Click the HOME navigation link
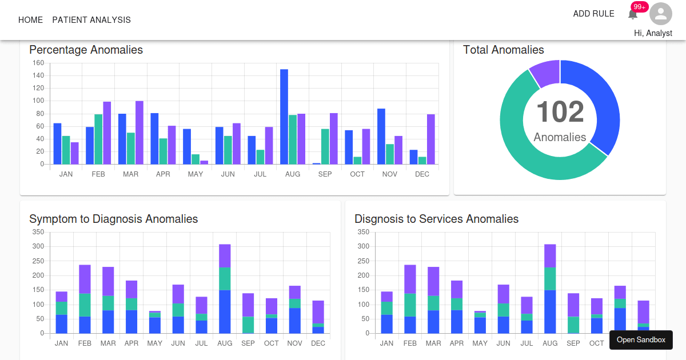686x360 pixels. [x=30, y=20]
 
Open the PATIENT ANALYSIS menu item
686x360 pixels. [x=91, y=20]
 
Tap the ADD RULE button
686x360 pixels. [x=593, y=14]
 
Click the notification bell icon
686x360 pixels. [x=633, y=14]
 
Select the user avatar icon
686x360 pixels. [x=661, y=14]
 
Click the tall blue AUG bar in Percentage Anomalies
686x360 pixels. [x=284, y=117]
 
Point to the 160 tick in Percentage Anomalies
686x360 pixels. [x=38, y=63]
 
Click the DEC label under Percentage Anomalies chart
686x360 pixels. [x=422, y=174]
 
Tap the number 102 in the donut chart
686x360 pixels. [x=560, y=112]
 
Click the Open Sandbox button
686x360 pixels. [x=641, y=340]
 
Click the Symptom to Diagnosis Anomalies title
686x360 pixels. [x=114, y=219]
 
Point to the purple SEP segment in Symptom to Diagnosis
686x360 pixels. [x=248, y=305]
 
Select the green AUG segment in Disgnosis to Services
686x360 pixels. [x=550, y=278]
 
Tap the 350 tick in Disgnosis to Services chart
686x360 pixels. [x=363, y=232]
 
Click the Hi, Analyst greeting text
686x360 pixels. [x=653, y=33]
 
